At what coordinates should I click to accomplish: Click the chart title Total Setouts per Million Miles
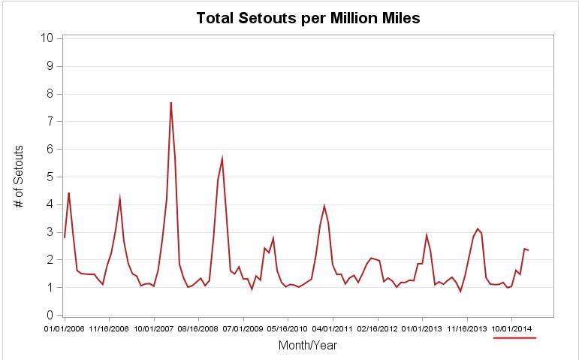308,18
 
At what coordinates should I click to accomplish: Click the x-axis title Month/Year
307,346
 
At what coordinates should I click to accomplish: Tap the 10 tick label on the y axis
46,38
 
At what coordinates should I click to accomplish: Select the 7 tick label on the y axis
50,121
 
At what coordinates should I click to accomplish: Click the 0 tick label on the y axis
50,315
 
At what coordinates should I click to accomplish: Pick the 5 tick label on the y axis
50,177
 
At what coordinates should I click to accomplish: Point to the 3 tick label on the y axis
50,232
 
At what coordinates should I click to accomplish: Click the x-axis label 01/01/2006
65,328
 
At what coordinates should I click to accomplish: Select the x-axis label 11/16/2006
109,328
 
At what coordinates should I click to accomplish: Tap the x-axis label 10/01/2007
154,328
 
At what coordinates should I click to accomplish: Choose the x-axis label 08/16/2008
198,328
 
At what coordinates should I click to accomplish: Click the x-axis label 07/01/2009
243,328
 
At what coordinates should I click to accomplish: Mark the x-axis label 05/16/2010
288,328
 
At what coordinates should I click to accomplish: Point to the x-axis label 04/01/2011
333,328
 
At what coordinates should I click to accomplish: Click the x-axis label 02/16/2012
377,328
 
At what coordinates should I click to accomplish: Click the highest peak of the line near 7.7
170,103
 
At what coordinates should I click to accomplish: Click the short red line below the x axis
514,338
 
